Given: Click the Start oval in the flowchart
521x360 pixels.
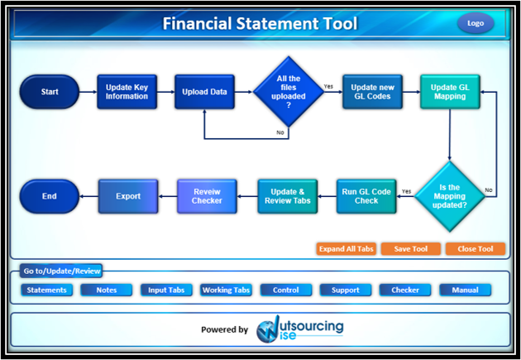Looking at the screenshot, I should pos(50,92).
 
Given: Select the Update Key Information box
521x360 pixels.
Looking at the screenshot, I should pos(127,92).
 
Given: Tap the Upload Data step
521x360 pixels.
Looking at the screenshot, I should pos(204,92).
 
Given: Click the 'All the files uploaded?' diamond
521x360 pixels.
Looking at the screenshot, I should pos(289,92).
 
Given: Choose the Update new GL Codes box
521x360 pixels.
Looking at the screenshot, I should pos(371,92).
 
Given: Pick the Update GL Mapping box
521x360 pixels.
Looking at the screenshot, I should pos(449,92).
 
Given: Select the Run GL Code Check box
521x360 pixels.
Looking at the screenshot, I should pos(366,196).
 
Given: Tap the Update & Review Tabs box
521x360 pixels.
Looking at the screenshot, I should pos(287,196).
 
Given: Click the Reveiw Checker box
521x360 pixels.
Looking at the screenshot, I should pos(208,196).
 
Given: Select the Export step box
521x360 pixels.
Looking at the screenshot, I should pos(128,196).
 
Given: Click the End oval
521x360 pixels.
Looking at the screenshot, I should pos(50,196).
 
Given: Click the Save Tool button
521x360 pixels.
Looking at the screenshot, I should pos(410,249).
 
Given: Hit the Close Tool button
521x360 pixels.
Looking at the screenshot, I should pos(475,249).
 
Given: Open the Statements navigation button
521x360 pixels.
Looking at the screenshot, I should pos(47,290).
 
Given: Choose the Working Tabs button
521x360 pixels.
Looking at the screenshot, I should pos(226,290).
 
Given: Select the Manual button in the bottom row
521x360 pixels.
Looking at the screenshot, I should pos(465,290).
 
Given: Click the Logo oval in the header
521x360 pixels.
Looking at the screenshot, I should pos(476,23).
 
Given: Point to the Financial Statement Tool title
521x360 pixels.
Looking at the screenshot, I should pos(260,23).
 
